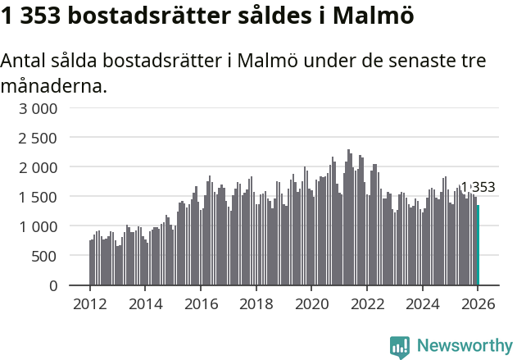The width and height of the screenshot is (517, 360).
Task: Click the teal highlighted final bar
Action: pos(478,245)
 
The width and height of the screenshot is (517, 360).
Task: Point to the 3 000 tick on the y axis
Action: pos(39,108)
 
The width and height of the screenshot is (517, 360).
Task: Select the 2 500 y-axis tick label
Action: pos(39,138)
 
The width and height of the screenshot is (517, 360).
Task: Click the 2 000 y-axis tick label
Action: pos(39,167)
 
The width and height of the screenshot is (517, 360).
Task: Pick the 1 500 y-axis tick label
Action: pos(39,197)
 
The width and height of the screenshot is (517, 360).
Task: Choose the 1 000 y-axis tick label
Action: pos(39,226)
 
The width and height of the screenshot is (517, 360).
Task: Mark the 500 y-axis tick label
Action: pos(44,256)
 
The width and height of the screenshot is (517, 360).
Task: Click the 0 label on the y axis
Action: pos(53,285)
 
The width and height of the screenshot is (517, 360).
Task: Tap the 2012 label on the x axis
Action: pos(90,304)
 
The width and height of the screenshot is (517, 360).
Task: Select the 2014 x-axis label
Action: pos(146,304)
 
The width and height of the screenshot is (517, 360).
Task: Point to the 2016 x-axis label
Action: pos(201,304)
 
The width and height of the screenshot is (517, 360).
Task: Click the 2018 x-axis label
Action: pos(256,304)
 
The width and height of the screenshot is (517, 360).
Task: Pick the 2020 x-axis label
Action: pos(311,304)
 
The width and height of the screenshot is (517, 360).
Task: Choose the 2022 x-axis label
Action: pos(366,304)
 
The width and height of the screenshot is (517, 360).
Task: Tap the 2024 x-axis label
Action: pos(422,304)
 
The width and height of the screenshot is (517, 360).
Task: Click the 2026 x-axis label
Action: pos(477,304)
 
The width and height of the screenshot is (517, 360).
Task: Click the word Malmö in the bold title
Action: pos(374,16)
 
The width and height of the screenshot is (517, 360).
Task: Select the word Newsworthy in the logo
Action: pos(465,345)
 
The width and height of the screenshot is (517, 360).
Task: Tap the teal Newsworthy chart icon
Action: pos(400,347)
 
